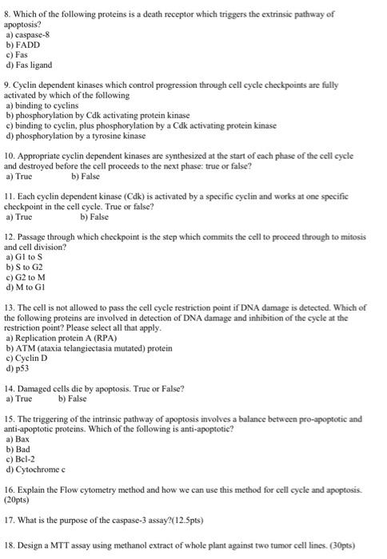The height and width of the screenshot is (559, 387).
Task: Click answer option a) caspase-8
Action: [x=24, y=35]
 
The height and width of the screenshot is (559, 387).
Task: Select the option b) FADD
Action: [x=21, y=46]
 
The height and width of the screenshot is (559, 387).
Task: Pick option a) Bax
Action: [x=17, y=438]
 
